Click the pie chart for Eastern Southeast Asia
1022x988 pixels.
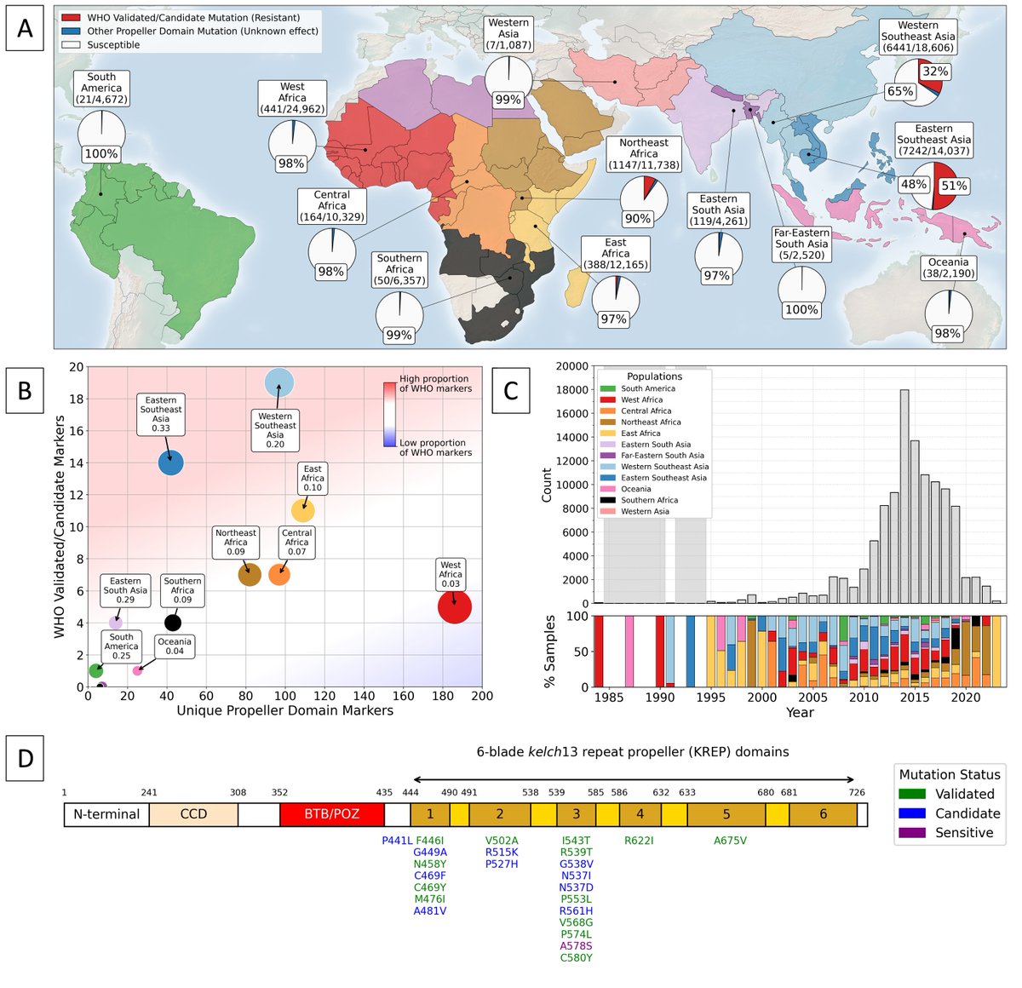pos(933,185)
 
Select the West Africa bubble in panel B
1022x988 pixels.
pos(454,607)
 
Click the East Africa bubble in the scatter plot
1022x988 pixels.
pos(302,510)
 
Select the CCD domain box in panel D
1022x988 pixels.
pos(193,814)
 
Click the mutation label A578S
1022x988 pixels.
pos(576,945)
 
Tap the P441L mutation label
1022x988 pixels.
pos(397,841)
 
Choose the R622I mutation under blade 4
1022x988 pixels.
pos(639,841)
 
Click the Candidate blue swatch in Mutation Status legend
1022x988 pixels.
pos(912,813)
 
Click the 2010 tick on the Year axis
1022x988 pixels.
pos(864,697)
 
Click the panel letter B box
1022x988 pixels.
pos(25,390)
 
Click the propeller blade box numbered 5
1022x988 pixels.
pos(726,814)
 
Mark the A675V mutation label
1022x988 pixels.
pos(730,841)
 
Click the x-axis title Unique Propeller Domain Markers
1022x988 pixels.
pos(284,710)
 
